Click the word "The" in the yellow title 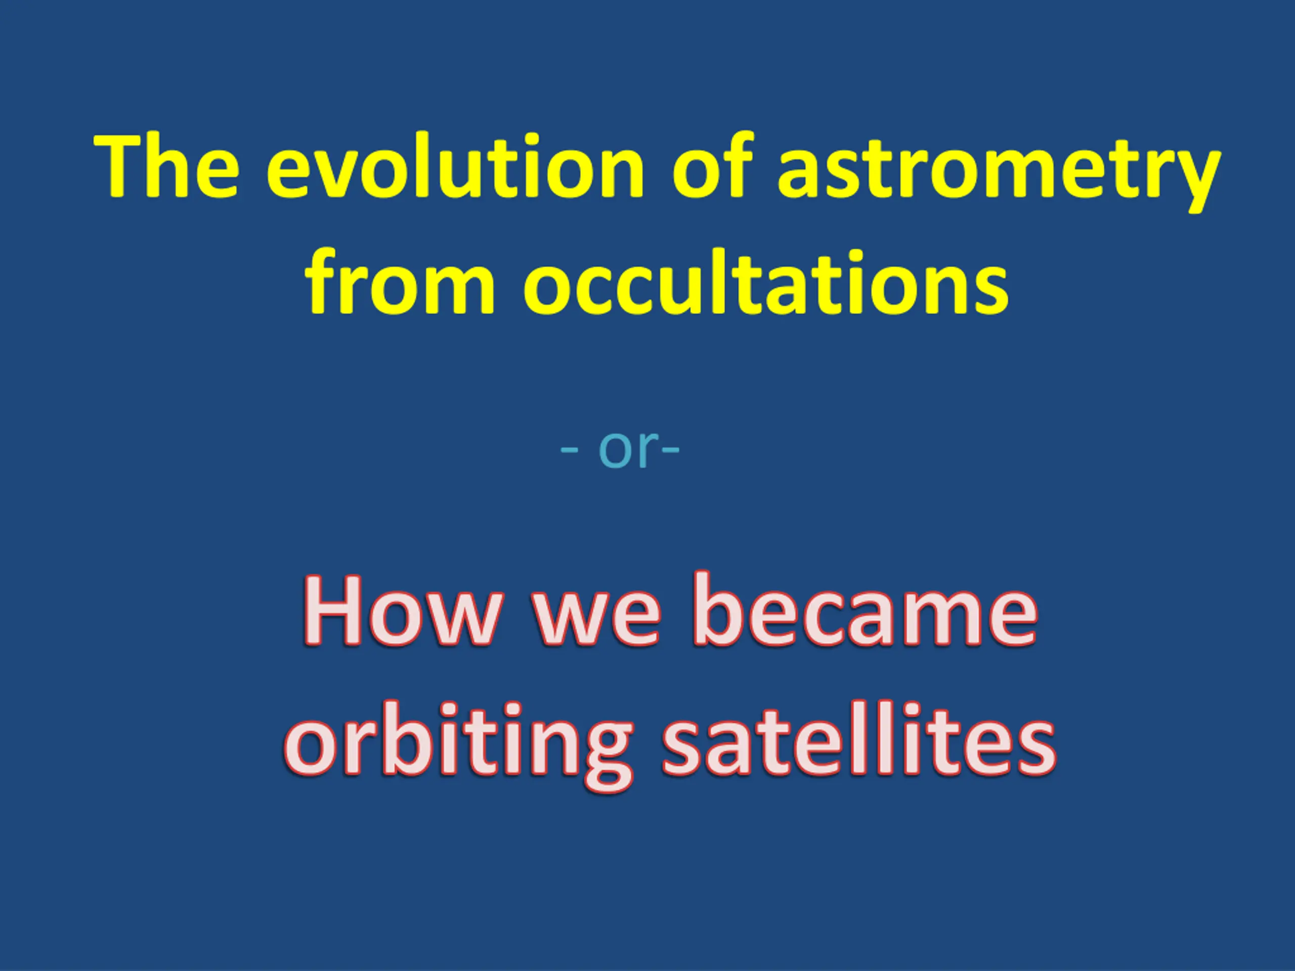pos(167,166)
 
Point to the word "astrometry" pos(998,172)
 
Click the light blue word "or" pos(625,450)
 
